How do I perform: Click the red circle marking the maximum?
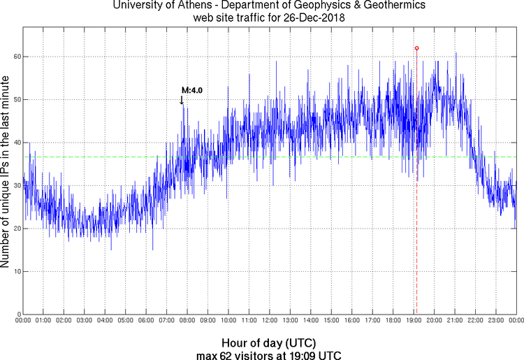tap(416, 48)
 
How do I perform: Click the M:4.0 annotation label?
tap(191, 90)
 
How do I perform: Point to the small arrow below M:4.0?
tap(182, 100)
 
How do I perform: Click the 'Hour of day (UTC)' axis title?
tap(269, 343)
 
